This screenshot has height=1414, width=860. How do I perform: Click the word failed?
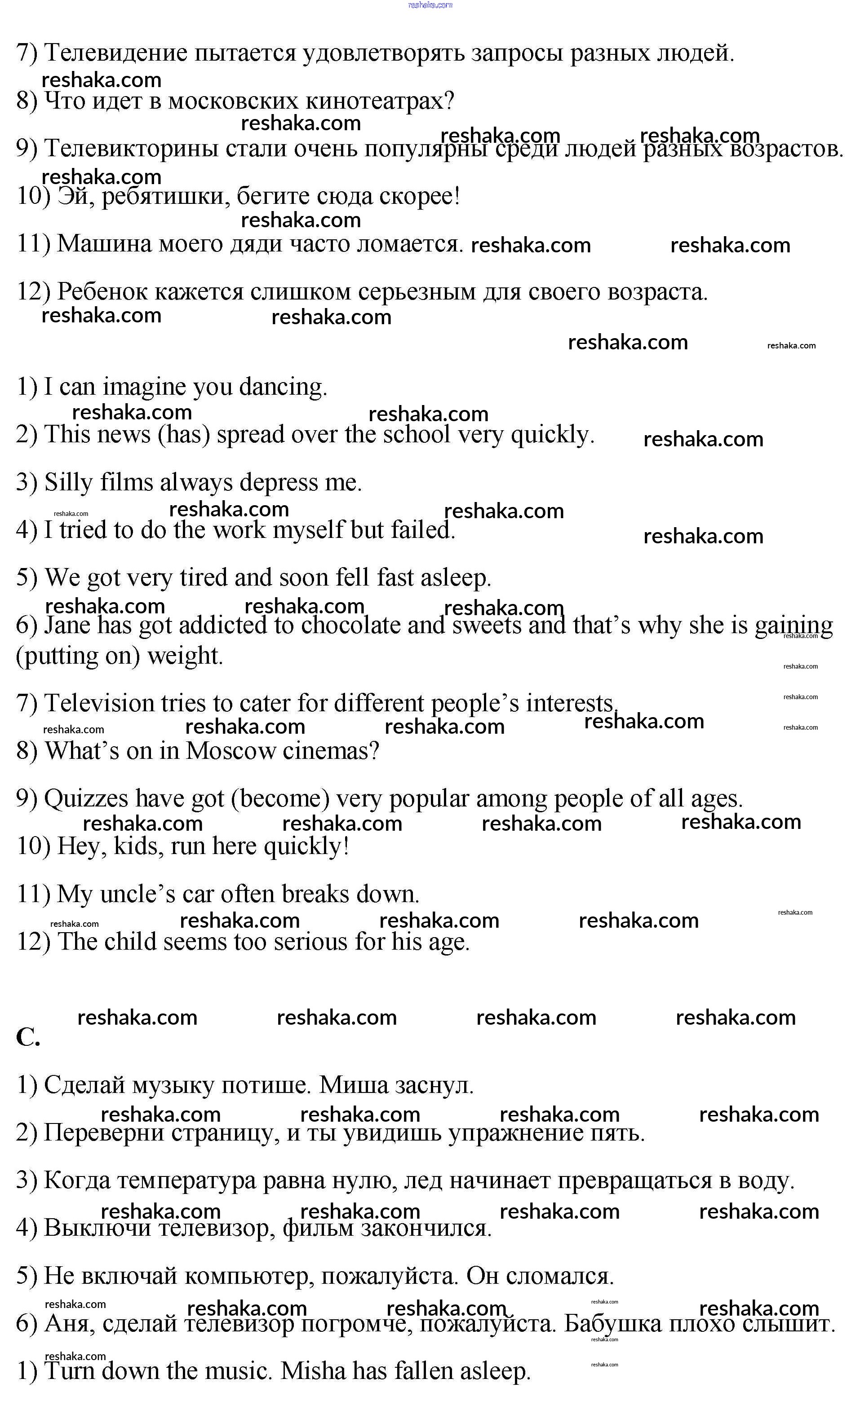point(422,530)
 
